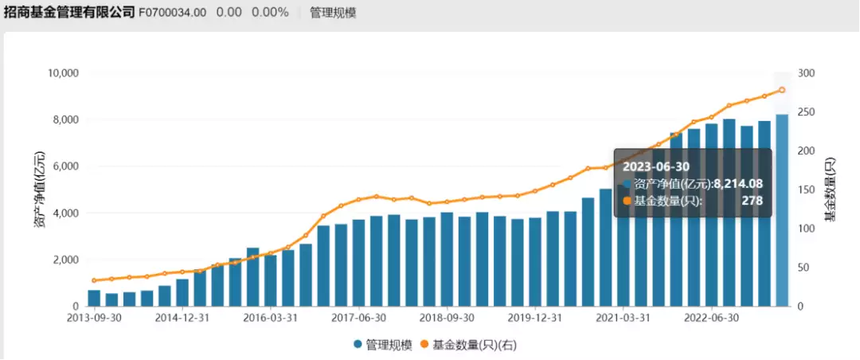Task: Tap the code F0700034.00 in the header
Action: click(x=173, y=13)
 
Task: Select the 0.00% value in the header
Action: click(x=270, y=13)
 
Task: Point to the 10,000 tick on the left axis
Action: click(x=62, y=73)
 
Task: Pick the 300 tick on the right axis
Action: click(x=807, y=73)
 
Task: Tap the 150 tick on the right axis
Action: click(x=807, y=190)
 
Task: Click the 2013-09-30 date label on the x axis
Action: click(x=94, y=317)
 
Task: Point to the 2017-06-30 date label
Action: click(x=360, y=317)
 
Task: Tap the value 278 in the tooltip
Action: click(x=751, y=201)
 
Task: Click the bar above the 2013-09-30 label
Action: click(x=94, y=298)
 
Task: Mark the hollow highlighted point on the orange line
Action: click(x=782, y=90)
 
